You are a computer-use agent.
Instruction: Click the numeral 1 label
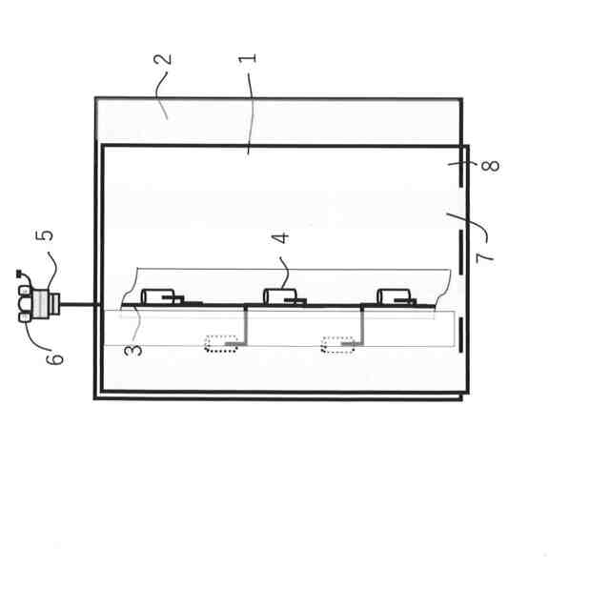[249, 57]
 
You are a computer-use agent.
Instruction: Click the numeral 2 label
[164, 58]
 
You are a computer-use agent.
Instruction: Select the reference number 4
[280, 237]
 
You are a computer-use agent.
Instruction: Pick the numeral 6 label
[56, 358]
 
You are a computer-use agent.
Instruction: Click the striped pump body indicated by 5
[43, 303]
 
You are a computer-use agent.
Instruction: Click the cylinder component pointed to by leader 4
[278, 295]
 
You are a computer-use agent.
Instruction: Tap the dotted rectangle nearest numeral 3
[221, 343]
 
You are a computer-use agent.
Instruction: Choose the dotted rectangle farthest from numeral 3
[337, 344]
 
